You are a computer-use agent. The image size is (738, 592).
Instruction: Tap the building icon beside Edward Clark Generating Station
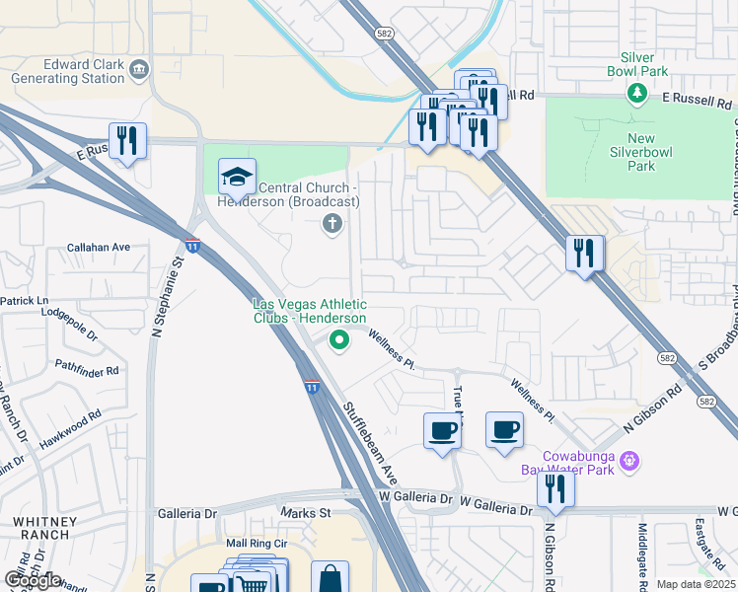[138, 68]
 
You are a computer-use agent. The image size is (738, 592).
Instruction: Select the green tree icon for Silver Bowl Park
[637, 93]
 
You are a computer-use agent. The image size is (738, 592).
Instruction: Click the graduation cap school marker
[237, 178]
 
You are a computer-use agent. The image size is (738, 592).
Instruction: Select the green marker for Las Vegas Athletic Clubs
[339, 342]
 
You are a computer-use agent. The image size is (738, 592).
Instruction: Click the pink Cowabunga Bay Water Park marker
[631, 461]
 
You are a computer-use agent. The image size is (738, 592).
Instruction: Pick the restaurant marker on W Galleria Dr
[555, 489]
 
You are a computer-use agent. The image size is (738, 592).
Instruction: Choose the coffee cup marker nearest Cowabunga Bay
[504, 430]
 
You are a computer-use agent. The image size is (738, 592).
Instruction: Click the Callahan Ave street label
[99, 247]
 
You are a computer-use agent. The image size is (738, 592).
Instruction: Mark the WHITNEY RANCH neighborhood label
[41, 527]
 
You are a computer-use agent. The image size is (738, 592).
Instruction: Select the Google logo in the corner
[33, 581]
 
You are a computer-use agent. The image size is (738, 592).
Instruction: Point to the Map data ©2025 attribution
[696, 584]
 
